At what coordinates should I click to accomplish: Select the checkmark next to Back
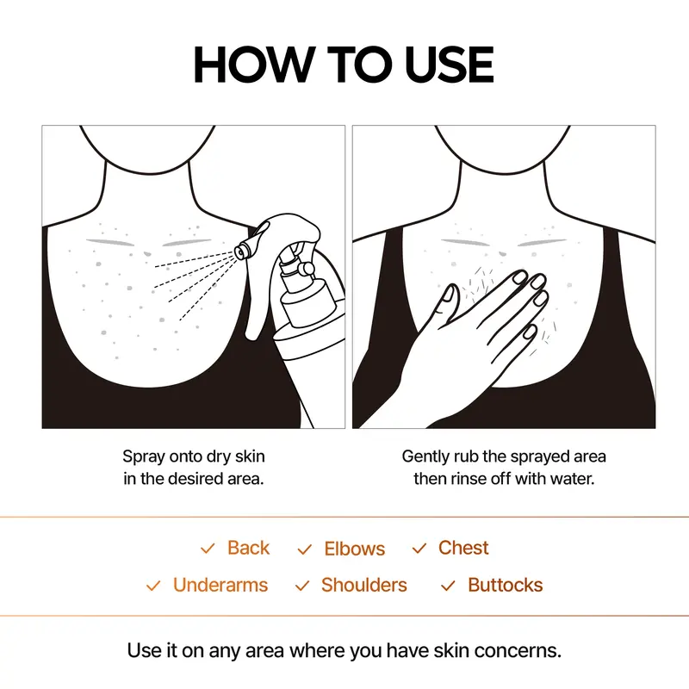[x=208, y=549]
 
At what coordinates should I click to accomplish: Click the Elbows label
[x=355, y=549]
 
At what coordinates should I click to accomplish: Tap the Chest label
[x=463, y=548]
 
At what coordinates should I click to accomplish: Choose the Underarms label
[x=220, y=586]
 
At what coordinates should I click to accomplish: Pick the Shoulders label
[x=363, y=586]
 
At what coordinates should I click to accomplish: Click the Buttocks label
[x=506, y=586]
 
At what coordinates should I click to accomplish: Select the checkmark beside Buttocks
[x=448, y=587]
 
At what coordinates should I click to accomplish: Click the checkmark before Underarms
[x=153, y=587]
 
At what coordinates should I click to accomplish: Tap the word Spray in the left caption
[x=143, y=456]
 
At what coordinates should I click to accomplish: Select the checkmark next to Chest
[x=419, y=549]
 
